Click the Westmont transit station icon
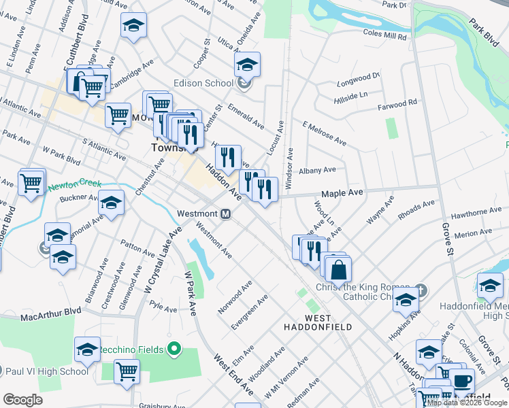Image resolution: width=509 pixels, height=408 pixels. pyautogui.click(x=227, y=214)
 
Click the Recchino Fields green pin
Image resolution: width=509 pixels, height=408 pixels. pyautogui.click(x=174, y=350)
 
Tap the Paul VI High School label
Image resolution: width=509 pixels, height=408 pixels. pyautogui.click(x=47, y=371)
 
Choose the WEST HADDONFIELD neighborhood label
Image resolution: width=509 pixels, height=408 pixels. pyautogui.click(x=318, y=322)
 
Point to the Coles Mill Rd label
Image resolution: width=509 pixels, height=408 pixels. pyautogui.click(x=384, y=32)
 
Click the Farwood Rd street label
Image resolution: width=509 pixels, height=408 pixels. pyautogui.click(x=398, y=105)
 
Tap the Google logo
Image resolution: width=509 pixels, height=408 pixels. pyautogui.click(x=22, y=400)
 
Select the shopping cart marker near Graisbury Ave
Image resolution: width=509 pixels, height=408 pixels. pyautogui.click(x=127, y=371)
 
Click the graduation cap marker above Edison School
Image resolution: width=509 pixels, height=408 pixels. pyautogui.click(x=247, y=65)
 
